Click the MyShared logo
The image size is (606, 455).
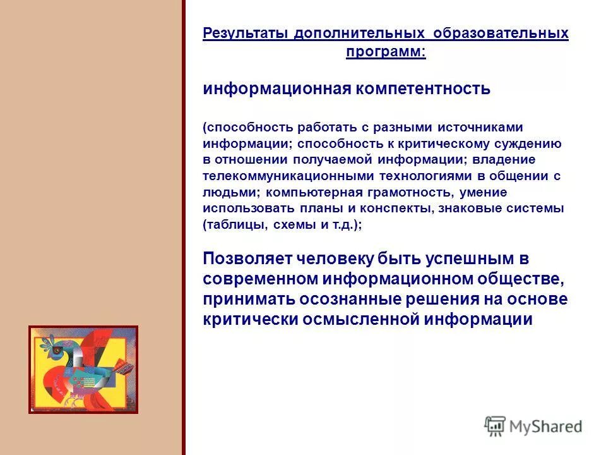[534, 427]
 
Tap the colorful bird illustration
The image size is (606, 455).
[83, 370]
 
